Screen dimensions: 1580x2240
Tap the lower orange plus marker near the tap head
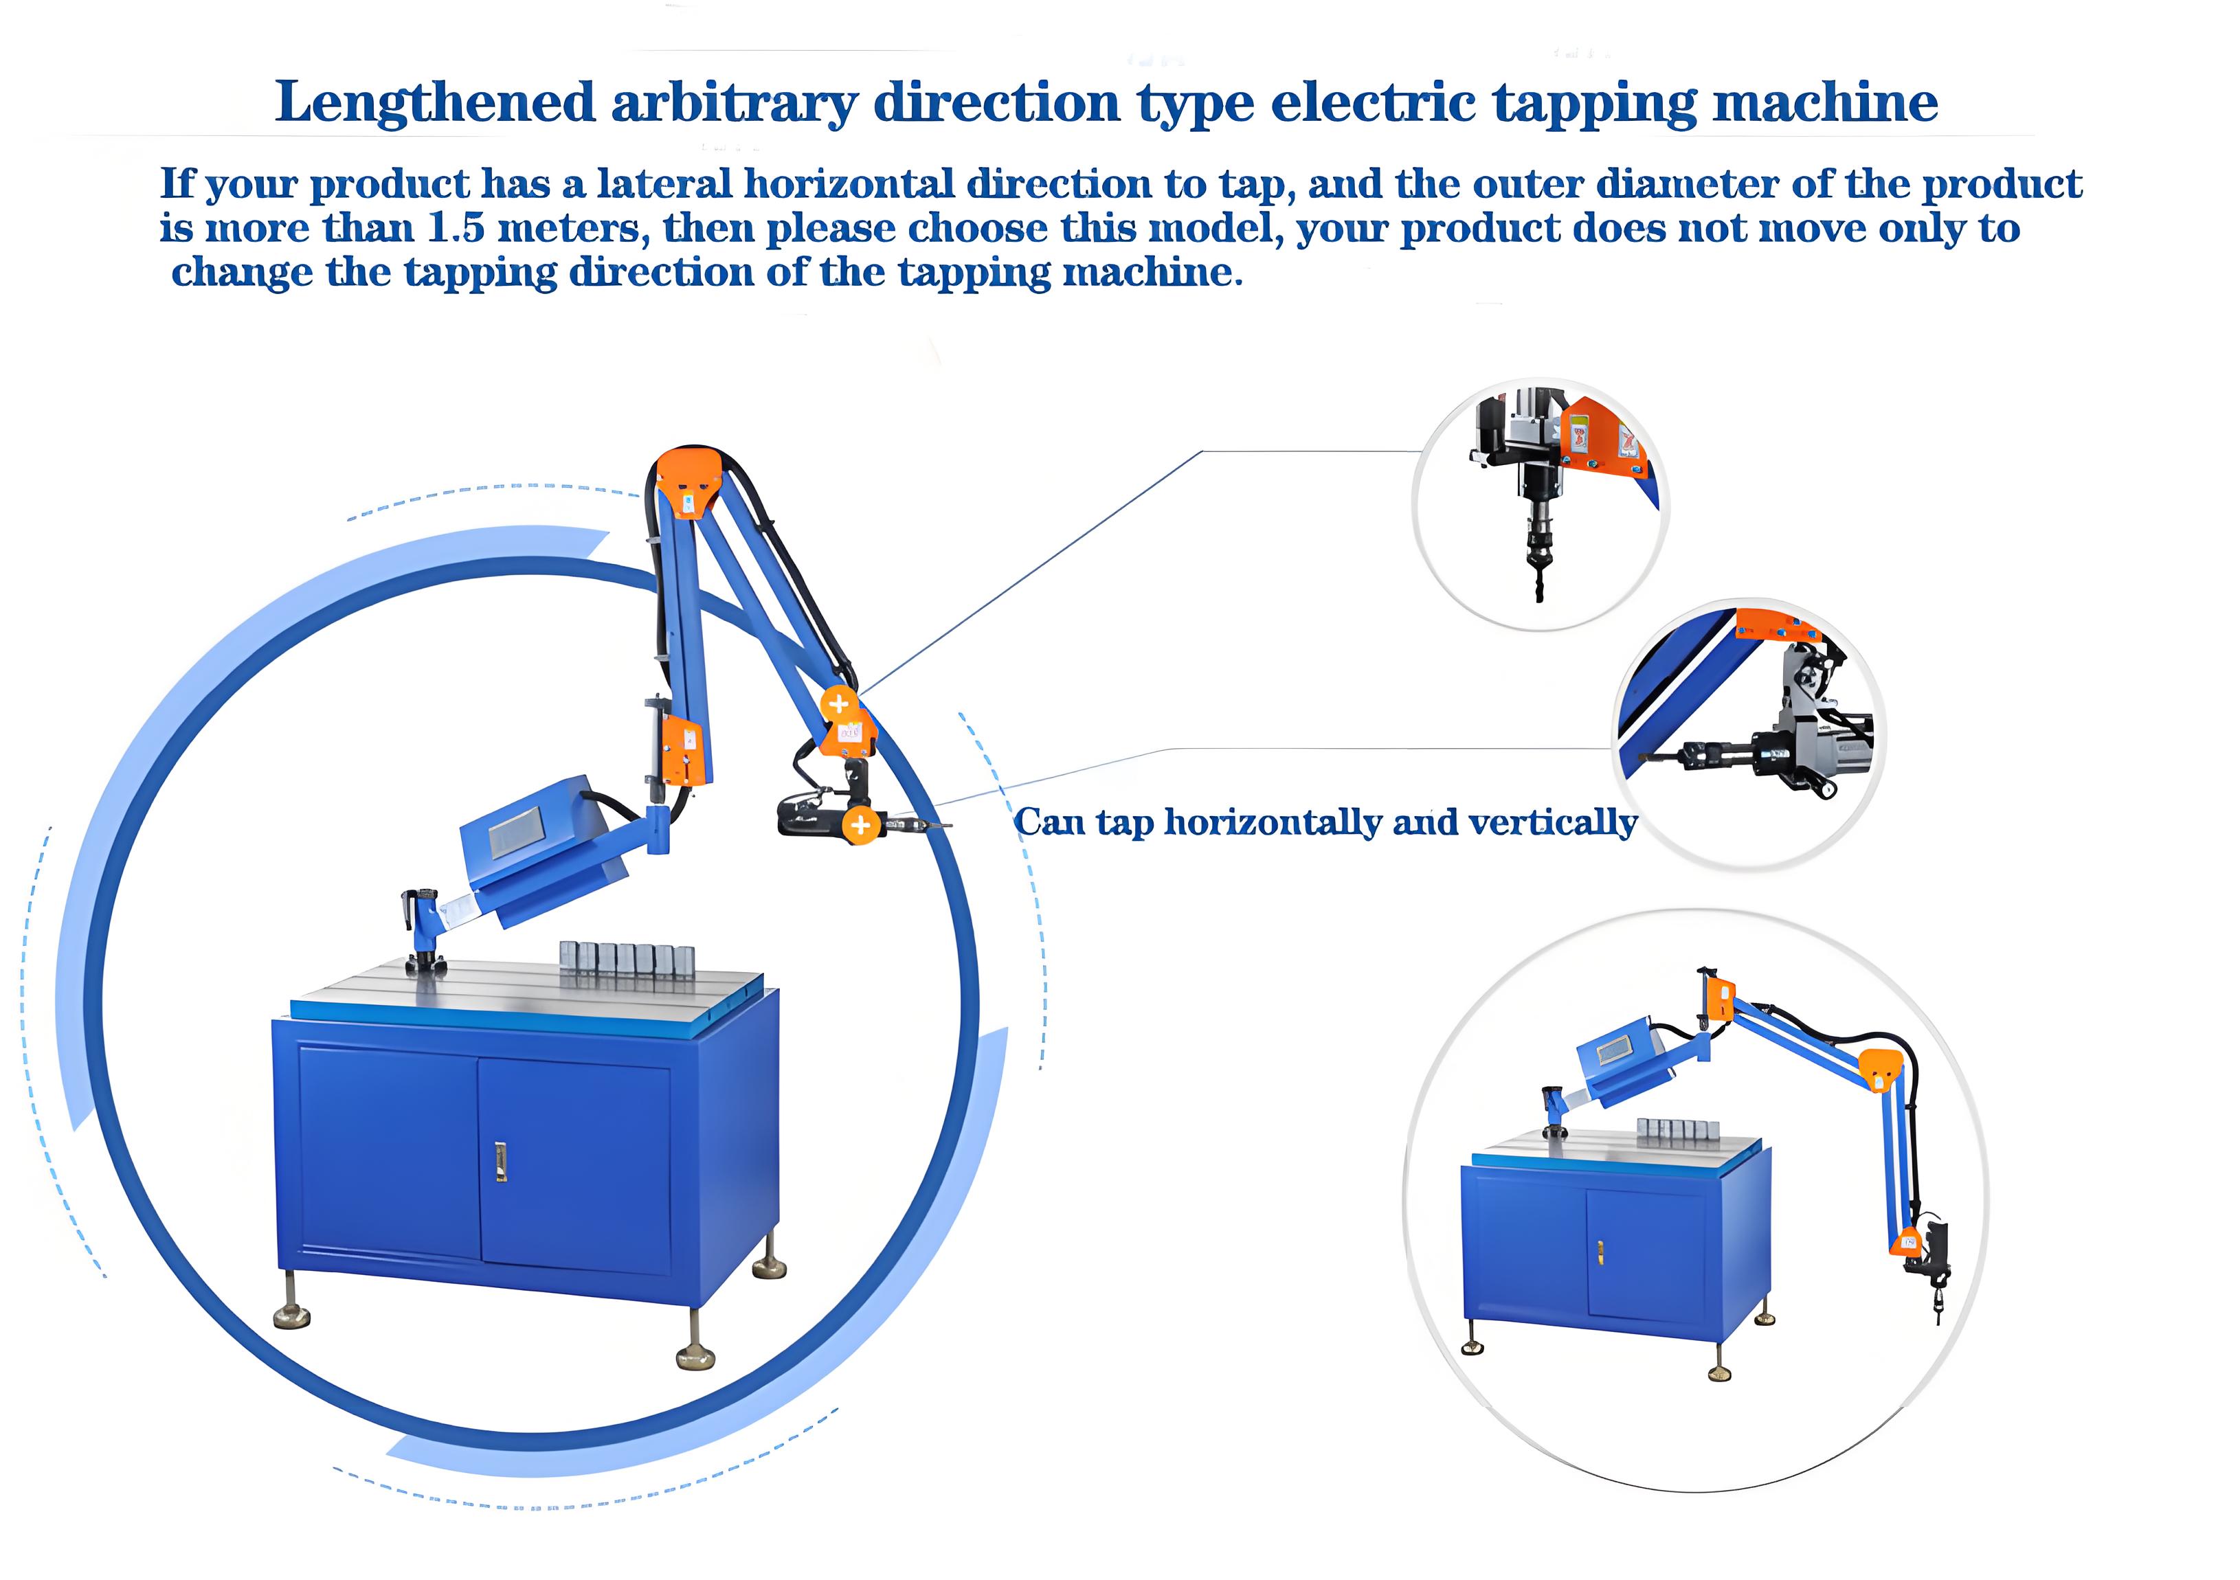click(x=860, y=825)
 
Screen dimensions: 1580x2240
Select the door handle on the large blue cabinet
click(x=500, y=1161)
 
